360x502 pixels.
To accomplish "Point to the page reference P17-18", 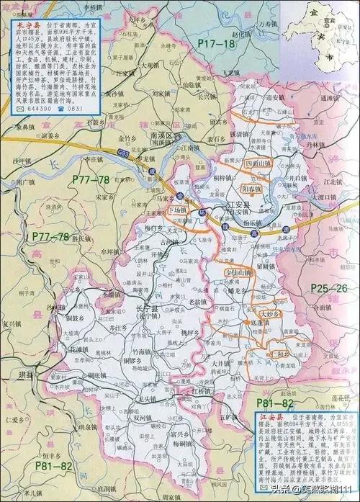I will (217, 45).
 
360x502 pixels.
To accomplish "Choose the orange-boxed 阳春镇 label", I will (253, 188).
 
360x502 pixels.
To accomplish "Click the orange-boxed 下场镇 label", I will (176, 210).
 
